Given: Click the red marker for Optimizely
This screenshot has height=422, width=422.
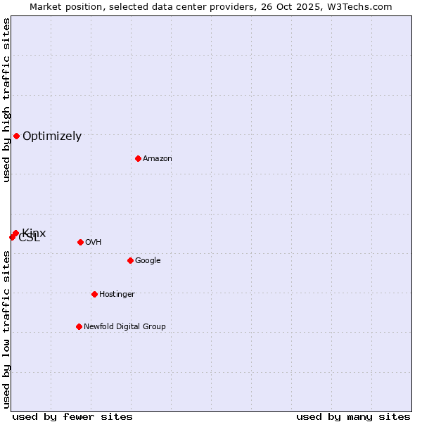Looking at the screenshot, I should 16,136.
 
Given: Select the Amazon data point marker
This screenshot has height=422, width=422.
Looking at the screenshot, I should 138,158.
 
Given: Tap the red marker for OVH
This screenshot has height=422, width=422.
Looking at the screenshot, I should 80,242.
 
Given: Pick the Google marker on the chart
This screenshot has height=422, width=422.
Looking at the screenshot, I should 130,260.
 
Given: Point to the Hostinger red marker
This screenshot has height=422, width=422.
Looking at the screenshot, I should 94,294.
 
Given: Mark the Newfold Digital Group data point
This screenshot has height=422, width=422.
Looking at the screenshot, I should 79,326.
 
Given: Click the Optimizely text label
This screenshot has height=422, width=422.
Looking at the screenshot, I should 52,136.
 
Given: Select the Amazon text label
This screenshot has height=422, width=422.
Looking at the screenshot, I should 158,159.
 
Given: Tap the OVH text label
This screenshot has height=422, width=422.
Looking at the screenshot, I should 94,243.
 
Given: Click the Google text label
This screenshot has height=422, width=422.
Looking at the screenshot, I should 148,261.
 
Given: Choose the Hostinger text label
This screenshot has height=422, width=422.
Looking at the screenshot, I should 117,295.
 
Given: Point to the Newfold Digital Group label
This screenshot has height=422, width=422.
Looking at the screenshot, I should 124,327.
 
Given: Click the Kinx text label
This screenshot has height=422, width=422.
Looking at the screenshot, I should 34,233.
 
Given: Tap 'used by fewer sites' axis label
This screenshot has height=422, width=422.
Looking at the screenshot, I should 72,416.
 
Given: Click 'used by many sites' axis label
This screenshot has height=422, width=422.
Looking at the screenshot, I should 353,416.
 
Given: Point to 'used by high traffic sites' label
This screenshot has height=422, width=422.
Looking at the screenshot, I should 7,100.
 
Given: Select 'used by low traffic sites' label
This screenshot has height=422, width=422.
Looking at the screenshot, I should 7,329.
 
